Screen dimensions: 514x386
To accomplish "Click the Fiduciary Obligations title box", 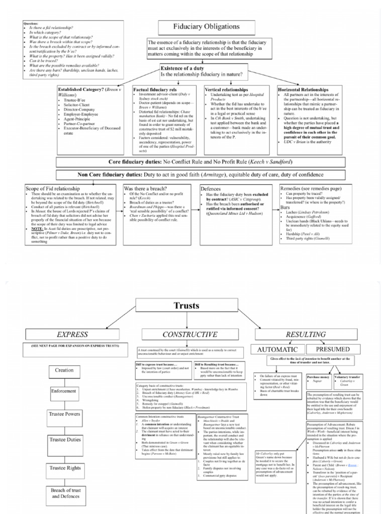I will click(207, 27).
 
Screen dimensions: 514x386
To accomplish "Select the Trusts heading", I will click(186, 305).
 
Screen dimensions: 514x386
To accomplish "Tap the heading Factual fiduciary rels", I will click(155, 89).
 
